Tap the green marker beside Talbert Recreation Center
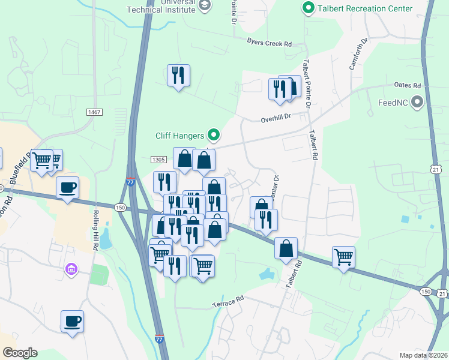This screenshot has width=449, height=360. pos(309,8)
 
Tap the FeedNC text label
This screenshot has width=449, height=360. pos(393,103)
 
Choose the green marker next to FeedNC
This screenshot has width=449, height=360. pos(417,103)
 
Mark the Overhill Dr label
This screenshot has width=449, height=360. pos(276,119)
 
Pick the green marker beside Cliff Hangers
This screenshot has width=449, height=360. pos(212,135)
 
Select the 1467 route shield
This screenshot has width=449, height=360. pos(94,112)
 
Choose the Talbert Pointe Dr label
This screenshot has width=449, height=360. pos(308,83)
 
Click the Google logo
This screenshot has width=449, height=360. pos(20,353)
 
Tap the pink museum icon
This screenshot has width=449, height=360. pos(71,269)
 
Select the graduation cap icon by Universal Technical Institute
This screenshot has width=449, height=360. pos(205,5)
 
